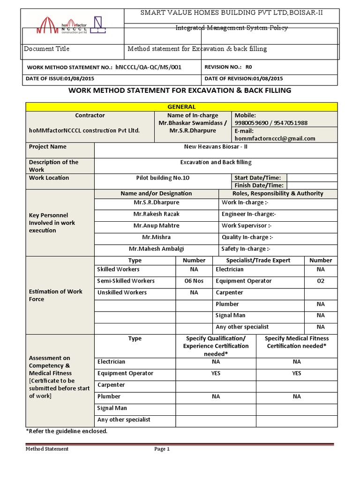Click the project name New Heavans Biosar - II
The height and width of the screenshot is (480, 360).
click(x=216, y=147)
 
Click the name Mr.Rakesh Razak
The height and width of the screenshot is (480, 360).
click(x=156, y=214)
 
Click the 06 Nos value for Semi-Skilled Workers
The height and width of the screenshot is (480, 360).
click(x=194, y=281)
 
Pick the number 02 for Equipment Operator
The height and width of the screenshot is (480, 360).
click(x=320, y=281)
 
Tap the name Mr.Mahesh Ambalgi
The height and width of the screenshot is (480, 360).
click(x=156, y=249)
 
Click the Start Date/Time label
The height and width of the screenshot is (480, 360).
click(x=258, y=178)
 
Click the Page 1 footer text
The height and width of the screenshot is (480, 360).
click(x=162, y=449)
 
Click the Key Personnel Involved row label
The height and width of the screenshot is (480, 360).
click(x=52, y=223)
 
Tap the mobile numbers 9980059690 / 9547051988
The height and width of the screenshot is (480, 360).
click(x=271, y=123)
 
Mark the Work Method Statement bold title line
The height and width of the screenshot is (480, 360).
click(x=180, y=90)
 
